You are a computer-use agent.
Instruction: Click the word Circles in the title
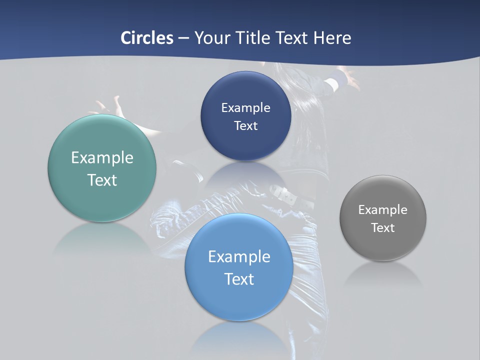coord(147,38)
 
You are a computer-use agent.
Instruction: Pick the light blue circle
coord(239,300)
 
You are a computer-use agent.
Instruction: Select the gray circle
coord(383,245)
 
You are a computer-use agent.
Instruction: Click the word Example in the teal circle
coord(102,158)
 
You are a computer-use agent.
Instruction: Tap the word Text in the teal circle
coord(102,180)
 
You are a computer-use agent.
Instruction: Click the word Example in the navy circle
coord(245,107)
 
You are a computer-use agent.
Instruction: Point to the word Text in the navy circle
coord(245,125)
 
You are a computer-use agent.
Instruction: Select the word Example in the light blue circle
coord(239,257)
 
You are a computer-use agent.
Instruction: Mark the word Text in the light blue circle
coord(239,279)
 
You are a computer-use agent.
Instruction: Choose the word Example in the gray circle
coord(383,209)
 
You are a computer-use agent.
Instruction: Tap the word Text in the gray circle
coord(383,227)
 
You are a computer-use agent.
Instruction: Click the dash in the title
coord(183,38)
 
